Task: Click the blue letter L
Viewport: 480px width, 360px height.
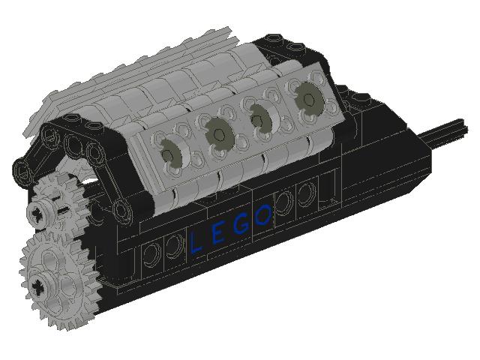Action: pyautogui.click(x=196, y=241)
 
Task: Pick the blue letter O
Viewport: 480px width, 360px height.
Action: pyautogui.click(x=262, y=217)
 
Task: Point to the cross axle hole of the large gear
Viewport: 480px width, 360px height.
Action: pyautogui.click(x=38, y=285)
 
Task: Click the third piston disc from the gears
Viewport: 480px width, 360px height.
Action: pyautogui.click(x=261, y=117)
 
